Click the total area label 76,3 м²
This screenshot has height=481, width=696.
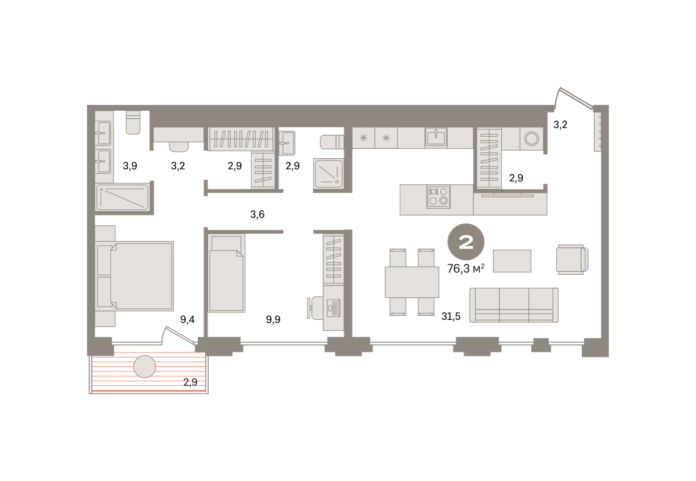465,268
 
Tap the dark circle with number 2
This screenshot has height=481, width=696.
466,242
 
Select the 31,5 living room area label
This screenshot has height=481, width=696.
451,316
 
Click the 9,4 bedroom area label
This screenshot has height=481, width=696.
187,319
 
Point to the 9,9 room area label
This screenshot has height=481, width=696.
273,319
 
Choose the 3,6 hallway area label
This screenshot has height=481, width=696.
258,214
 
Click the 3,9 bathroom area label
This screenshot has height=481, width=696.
130,166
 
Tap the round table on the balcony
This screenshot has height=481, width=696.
144,367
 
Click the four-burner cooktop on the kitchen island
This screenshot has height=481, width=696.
438,196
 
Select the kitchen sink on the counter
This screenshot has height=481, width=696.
436,137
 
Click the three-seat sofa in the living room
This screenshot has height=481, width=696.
514,305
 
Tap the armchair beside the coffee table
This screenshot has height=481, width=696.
572,259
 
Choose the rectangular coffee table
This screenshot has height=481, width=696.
512,261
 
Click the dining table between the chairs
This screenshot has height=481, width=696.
412,282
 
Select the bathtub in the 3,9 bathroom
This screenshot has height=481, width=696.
122,197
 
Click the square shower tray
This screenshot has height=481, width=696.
328,174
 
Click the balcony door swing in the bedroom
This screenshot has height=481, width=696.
179,335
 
